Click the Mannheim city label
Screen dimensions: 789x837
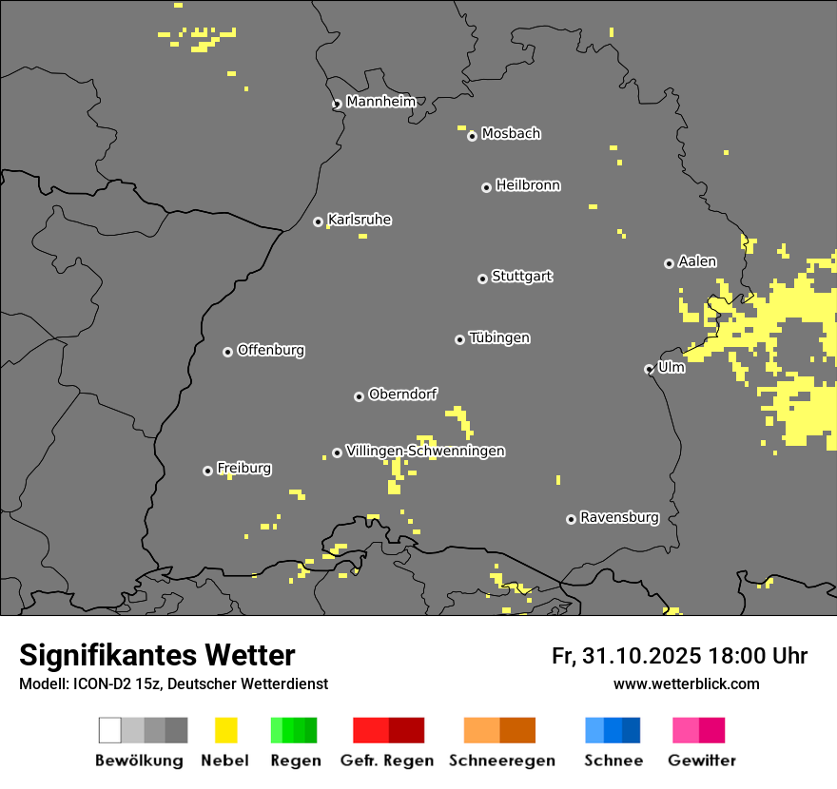(380, 102)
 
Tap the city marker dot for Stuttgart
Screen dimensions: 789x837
(482, 279)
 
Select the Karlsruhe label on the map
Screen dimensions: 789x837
(359, 220)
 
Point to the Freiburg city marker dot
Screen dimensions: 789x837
(207, 471)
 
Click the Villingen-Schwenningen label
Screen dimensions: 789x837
(425, 451)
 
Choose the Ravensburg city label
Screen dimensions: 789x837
(619, 518)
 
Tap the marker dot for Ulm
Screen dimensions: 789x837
(649, 369)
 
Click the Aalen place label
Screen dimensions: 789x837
(697, 261)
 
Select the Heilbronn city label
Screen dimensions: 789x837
(528, 185)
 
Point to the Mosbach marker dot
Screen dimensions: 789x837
(472, 136)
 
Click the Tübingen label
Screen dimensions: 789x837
(499, 337)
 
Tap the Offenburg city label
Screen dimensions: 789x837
(270, 350)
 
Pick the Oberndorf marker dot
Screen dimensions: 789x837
(359, 396)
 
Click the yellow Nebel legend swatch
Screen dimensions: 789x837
(225, 730)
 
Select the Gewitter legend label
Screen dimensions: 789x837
(702, 760)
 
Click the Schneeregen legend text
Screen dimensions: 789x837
(502, 760)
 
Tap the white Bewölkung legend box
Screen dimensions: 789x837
(110, 730)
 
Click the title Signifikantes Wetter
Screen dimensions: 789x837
(157, 655)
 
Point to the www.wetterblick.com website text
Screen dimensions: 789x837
(686, 683)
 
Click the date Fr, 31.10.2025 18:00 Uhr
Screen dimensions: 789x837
(679, 656)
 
